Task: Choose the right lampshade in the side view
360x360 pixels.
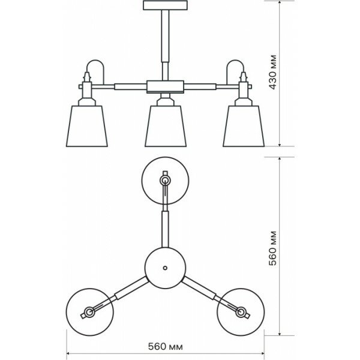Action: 244,125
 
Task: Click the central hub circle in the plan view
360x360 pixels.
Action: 164,267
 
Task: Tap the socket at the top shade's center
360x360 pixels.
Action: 164,179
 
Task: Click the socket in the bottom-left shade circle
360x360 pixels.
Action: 89,312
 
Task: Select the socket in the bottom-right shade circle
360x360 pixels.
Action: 241,312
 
